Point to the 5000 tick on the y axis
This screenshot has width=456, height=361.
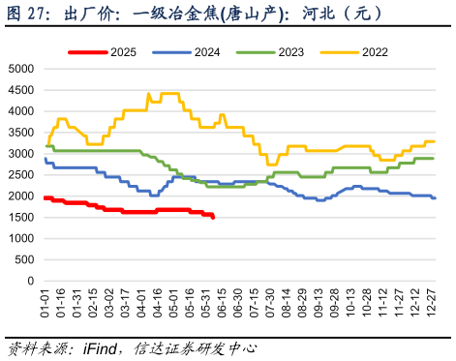pos(20,69)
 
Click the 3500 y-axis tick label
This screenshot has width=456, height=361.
pos(20,133)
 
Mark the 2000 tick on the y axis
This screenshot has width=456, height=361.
pos(20,196)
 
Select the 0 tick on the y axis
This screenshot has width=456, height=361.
pos(31,281)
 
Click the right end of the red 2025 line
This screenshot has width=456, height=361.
pos(213,218)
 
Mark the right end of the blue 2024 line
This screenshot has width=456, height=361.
pos(435,197)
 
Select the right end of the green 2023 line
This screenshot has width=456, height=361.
pos(433,158)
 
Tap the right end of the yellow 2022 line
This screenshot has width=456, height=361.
pos(434,141)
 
